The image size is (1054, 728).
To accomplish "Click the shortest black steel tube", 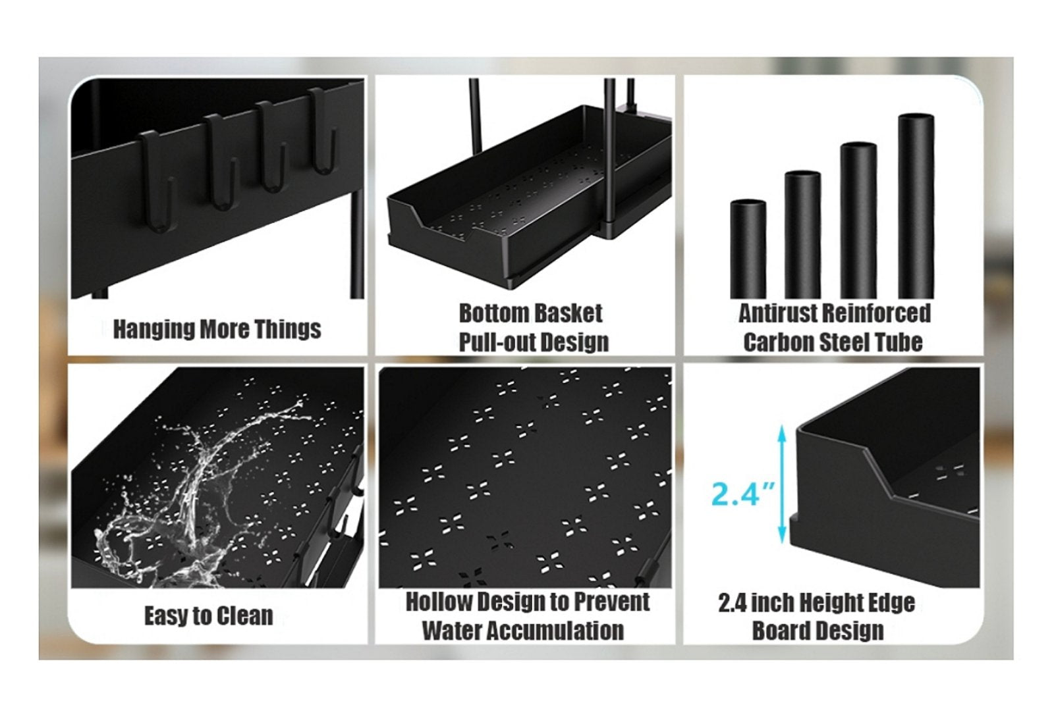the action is tap(748, 249).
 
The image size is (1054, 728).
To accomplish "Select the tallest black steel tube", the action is tap(916, 206).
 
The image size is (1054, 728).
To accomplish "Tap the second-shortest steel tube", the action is tap(803, 235).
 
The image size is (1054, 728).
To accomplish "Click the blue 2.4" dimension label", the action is tap(743, 493).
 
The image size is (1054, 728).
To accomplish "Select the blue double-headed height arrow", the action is tap(781, 484).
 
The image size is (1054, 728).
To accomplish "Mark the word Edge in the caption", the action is tap(893, 604).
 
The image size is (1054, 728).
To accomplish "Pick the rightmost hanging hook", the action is tap(323, 131).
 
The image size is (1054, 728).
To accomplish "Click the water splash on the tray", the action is tap(198, 494).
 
